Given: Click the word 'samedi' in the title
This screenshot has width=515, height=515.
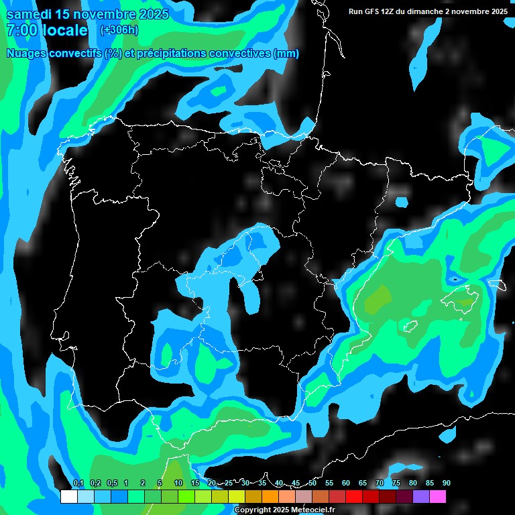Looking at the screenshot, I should point(29,14).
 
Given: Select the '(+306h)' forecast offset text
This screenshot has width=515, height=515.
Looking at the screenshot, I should point(119,30).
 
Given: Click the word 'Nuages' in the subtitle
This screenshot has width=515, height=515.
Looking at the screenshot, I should point(27,54).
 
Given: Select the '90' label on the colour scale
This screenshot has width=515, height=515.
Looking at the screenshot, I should point(447,483).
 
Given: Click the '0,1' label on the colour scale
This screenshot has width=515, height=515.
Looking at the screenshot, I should point(78,483).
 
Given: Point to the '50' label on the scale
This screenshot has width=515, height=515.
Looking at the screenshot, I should point(312,483).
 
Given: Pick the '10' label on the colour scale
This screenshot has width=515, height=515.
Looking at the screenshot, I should point(178,483).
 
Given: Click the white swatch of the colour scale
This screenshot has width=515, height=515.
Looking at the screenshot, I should point(68,497).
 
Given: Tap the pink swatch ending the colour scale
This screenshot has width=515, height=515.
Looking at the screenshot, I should point(437,497).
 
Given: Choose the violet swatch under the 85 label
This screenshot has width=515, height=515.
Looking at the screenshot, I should point(420,497).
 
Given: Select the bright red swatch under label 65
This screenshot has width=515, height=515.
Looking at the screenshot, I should point(353,497).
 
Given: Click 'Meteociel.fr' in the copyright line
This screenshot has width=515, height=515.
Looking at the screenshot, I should point(312,510).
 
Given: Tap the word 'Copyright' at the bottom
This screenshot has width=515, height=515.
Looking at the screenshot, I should point(253,510).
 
